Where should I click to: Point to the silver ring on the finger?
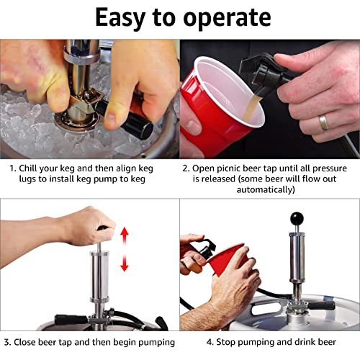(325, 122)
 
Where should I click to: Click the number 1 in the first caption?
(12, 168)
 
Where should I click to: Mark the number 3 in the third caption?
(6, 341)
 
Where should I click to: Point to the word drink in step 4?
(302, 341)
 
